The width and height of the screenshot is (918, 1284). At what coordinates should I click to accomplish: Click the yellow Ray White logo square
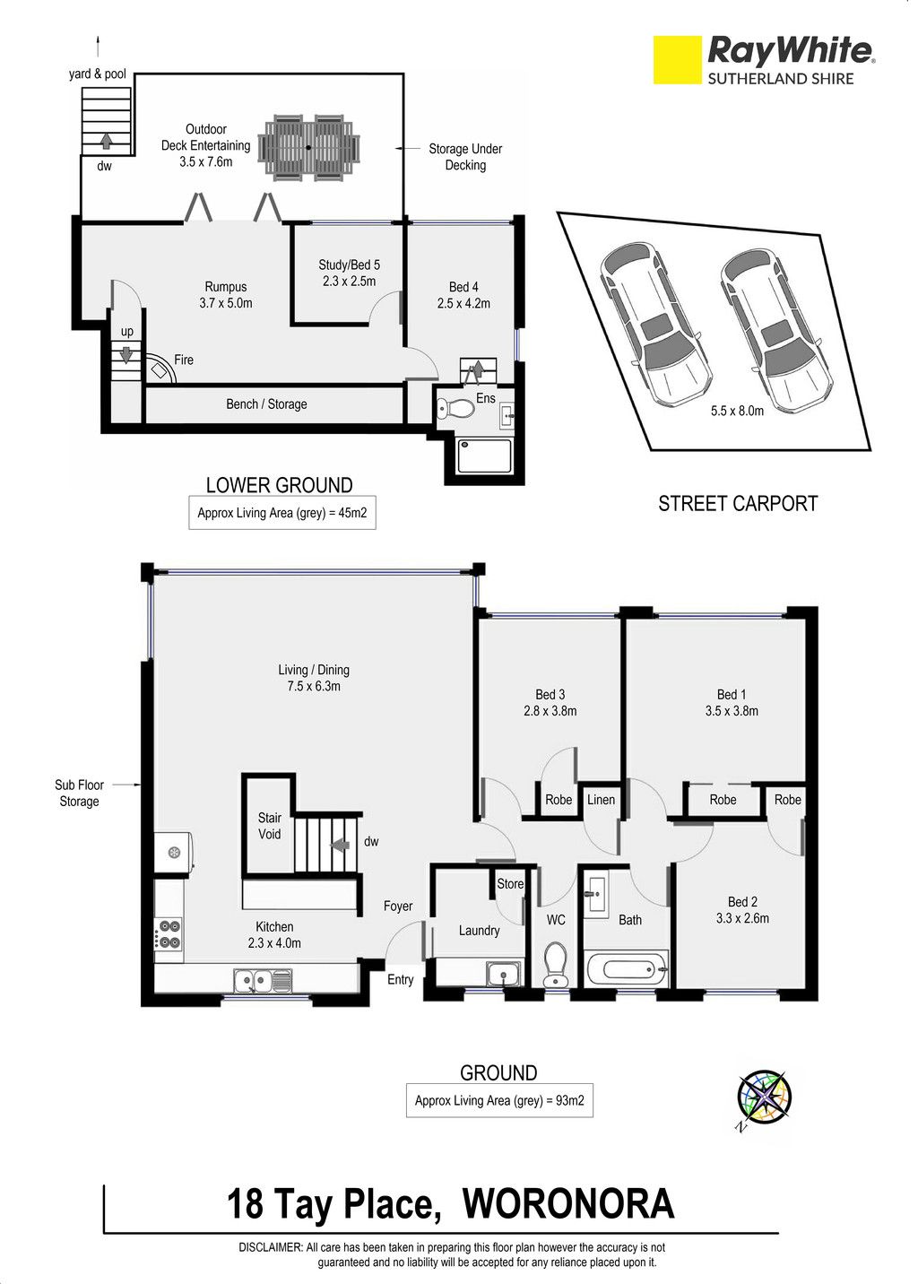click(678, 60)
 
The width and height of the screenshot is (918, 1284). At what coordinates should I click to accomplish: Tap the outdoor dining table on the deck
click(308, 147)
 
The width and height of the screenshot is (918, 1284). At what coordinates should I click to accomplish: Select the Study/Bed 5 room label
click(349, 273)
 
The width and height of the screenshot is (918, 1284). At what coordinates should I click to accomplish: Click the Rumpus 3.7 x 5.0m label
click(226, 295)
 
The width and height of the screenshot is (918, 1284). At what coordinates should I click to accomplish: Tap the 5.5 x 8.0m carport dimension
click(737, 411)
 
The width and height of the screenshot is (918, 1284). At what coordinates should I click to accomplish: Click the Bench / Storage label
click(266, 404)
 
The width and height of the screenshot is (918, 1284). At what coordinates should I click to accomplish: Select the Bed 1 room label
click(732, 702)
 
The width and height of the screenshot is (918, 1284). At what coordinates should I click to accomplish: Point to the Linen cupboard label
click(601, 800)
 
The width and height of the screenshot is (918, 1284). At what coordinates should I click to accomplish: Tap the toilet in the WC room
click(555, 964)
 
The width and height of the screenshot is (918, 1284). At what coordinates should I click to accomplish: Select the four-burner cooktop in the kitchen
click(169, 933)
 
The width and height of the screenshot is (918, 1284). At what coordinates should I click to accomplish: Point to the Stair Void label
click(269, 826)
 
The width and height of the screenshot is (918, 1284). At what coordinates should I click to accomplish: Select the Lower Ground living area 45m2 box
click(282, 513)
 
